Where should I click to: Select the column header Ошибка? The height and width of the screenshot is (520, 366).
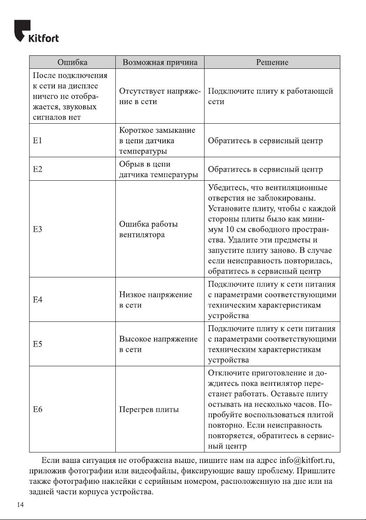[x=72, y=62]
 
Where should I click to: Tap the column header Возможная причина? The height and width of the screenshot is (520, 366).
[x=160, y=62]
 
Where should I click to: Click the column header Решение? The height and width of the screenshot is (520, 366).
[x=272, y=62]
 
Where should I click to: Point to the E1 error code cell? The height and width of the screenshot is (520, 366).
[x=38, y=141]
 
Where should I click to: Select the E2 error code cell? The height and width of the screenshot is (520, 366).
[x=38, y=169]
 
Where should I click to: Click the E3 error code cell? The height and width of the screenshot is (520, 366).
[x=38, y=229]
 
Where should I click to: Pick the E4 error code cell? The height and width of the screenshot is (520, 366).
[x=38, y=300]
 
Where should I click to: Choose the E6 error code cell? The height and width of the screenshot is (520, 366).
[x=38, y=410]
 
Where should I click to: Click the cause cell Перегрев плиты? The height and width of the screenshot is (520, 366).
[x=149, y=410]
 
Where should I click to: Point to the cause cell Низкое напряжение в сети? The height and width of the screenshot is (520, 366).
[x=155, y=300]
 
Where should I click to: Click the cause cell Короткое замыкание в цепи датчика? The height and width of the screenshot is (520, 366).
[x=157, y=141]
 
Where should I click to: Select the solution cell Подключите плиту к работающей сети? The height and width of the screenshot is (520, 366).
[x=271, y=96]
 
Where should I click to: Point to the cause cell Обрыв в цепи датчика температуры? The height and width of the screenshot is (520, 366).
[x=158, y=169]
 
